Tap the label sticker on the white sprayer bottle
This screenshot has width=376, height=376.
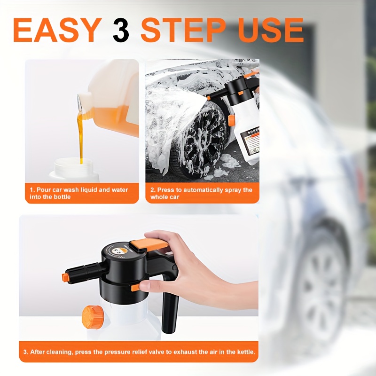point(250,141)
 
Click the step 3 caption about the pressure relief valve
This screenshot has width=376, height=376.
point(139,352)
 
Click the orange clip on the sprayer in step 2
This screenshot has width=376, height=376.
point(231,120)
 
